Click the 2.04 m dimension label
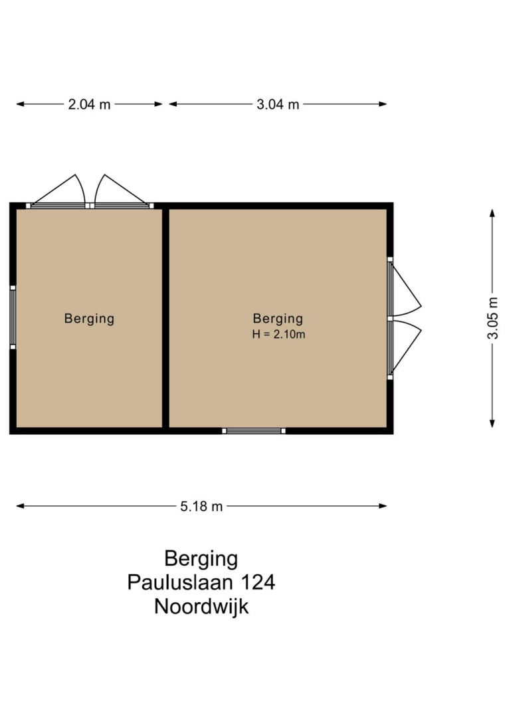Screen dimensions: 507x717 click(89, 104)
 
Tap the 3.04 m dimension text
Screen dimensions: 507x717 click(278, 104)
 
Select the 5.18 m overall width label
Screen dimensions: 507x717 click(201, 506)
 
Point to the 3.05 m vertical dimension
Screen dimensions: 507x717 click(492, 318)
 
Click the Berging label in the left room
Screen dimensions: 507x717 click(89, 318)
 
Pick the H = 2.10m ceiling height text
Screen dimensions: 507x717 click(278, 334)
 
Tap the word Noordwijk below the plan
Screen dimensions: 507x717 click(201, 606)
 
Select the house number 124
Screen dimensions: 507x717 click(258, 582)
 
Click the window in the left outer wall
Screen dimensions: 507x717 click(13, 317)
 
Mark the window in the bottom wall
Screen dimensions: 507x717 click(254, 431)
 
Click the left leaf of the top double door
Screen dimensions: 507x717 click(58, 191)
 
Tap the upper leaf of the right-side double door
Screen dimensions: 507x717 click(405, 288)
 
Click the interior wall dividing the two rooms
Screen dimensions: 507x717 click(165, 318)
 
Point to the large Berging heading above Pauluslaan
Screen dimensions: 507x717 click(201, 559)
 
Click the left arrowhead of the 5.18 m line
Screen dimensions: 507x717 click(20, 506)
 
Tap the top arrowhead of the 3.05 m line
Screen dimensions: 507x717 click(492, 213)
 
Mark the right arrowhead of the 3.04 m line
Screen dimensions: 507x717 click(383, 104)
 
